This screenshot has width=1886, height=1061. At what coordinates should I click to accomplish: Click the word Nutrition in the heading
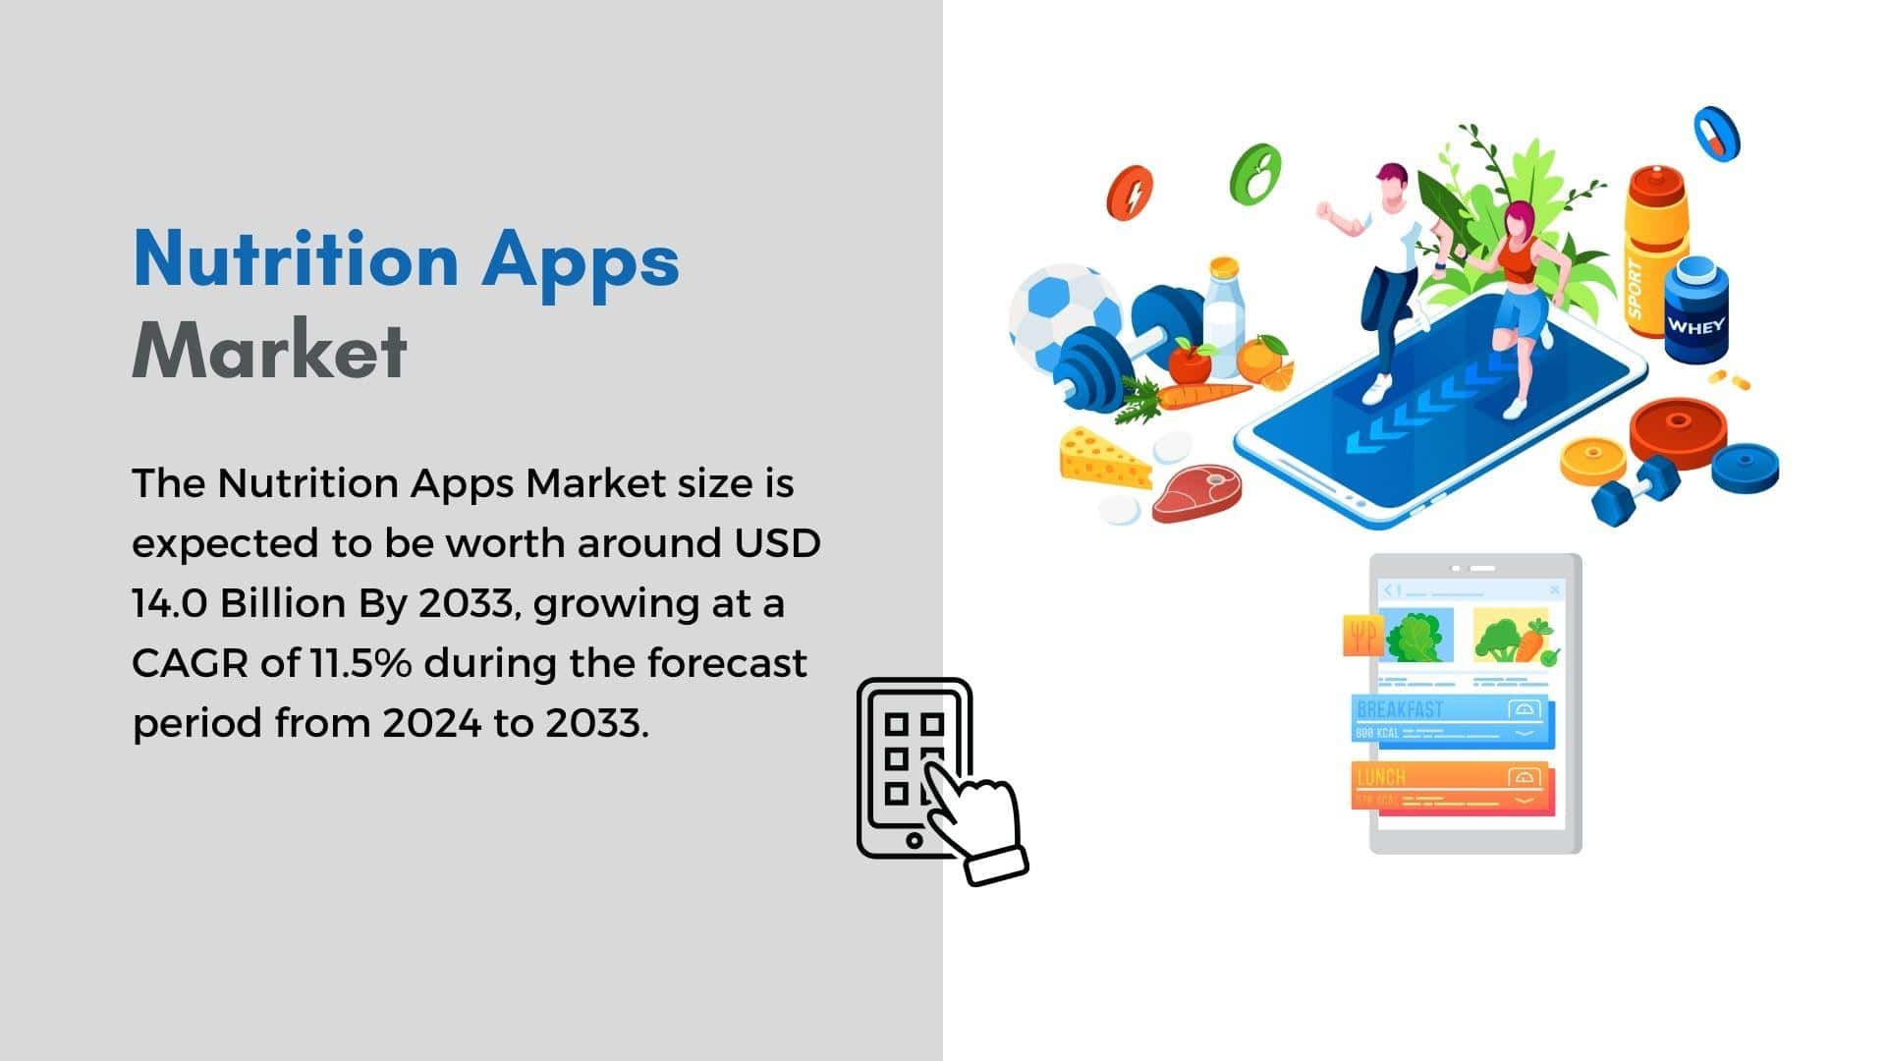point(296,257)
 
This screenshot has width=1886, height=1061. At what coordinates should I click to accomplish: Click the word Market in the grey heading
point(269,350)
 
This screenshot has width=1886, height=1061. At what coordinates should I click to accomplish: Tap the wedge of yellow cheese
point(1103,458)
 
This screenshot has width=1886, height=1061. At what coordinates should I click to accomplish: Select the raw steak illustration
point(1196,492)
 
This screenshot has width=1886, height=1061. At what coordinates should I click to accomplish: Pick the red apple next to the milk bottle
point(1190,363)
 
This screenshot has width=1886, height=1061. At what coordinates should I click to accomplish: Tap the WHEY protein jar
point(1695,308)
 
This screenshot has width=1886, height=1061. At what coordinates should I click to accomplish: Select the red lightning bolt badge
point(1130,194)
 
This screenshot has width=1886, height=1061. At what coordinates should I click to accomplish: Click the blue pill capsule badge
point(1716,134)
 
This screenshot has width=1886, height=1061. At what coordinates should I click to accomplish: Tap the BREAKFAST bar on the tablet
point(1453,719)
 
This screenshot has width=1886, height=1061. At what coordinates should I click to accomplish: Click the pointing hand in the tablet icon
point(972,819)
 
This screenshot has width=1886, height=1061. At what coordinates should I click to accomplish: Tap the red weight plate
point(1678,431)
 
